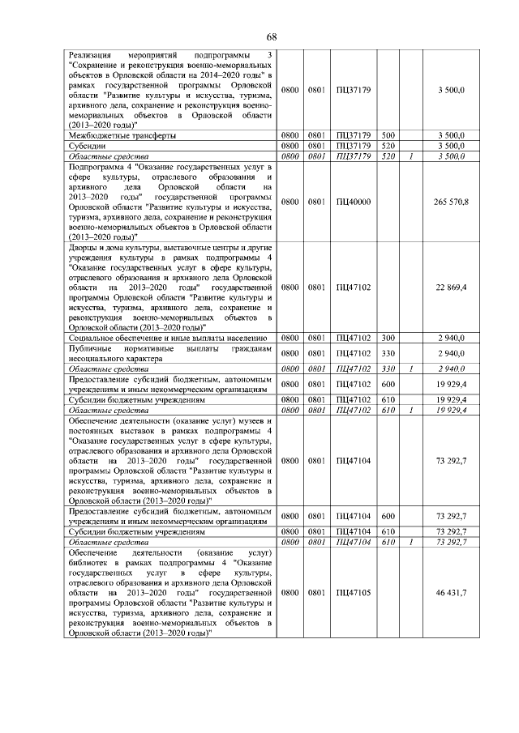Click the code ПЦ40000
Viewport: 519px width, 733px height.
click(354, 201)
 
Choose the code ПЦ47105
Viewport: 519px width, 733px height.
click(354, 593)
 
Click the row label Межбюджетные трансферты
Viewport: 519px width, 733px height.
click(122, 135)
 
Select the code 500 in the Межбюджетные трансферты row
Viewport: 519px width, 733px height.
click(388, 135)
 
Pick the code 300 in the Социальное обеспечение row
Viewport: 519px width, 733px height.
click(388, 337)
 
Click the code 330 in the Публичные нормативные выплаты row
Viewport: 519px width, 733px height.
click(388, 353)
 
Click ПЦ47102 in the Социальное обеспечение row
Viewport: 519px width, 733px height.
click(354, 337)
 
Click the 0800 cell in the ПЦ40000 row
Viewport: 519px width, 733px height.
click(290, 201)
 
